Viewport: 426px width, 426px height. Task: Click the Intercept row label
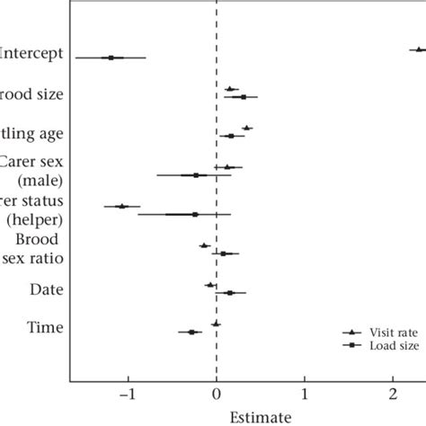(x=32, y=53)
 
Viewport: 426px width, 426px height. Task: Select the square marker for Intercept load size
(x=111, y=58)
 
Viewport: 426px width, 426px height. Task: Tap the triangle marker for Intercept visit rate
(x=418, y=49)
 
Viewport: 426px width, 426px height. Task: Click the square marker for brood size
(x=243, y=96)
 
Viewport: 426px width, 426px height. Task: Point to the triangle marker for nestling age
(x=247, y=129)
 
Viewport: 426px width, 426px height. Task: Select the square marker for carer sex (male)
(x=196, y=175)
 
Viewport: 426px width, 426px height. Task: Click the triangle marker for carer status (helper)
(x=122, y=206)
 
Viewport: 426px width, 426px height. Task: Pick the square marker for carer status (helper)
(x=195, y=214)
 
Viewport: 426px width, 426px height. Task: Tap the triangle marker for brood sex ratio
(x=204, y=244)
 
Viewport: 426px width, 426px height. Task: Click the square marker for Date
(x=229, y=292)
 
